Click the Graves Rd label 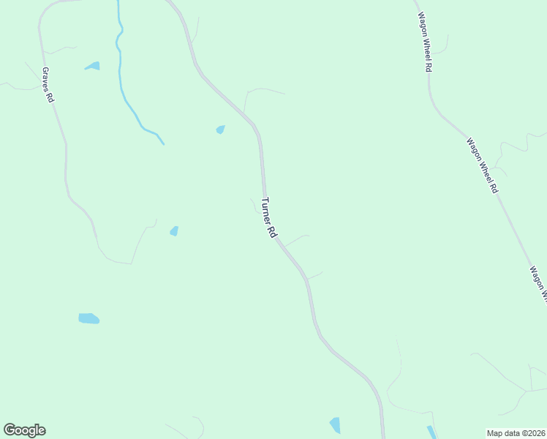(x=48, y=85)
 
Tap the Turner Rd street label (x=268, y=217)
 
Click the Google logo (x=24, y=430)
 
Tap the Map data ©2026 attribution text (x=516, y=432)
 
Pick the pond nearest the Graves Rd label (x=92, y=66)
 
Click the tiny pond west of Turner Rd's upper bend (x=220, y=130)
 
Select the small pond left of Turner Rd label (x=174, y=231)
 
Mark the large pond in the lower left (x=88, y=318)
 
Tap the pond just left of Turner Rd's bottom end (x=335, y=425)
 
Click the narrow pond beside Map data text (x=431, y=432)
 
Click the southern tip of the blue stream (x=163, y=143)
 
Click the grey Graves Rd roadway (x=66, y=161)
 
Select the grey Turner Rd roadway (x=313, y=307)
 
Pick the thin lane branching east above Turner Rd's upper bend (x=263, y=90)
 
